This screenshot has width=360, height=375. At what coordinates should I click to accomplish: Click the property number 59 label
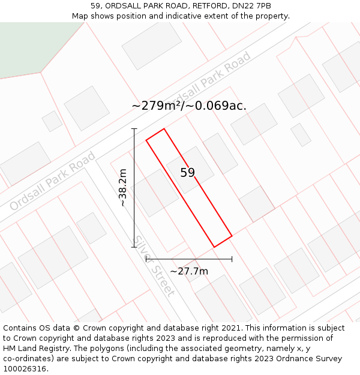coord(188,173)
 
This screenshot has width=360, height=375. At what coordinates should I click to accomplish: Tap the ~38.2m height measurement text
coord(123,188)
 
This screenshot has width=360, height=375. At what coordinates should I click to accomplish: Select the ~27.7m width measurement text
coord(189,271)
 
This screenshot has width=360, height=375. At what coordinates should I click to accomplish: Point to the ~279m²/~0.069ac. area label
coord(189,106)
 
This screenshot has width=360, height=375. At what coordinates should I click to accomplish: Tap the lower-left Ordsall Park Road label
coord(53,181)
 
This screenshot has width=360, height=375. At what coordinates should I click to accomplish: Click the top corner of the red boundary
coord(164,128)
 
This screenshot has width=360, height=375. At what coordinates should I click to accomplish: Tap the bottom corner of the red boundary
coord(214,247)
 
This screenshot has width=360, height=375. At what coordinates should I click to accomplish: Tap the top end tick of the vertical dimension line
coord(134,128)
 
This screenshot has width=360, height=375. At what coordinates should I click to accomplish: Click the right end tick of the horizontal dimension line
coord(232,259)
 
